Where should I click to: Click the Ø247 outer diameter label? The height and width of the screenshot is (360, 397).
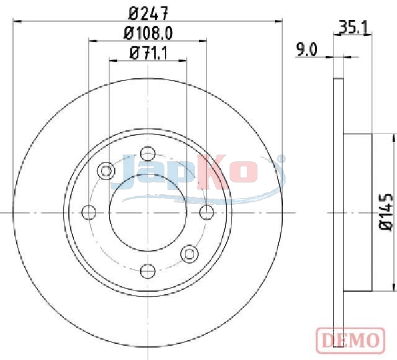[148, 14]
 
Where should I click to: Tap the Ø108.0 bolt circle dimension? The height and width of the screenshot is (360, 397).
[148, 33]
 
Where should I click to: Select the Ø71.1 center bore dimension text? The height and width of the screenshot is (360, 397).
[148, 53]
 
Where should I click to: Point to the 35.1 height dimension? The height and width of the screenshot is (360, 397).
[354, 27]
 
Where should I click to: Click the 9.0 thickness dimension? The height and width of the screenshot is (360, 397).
[306, 50]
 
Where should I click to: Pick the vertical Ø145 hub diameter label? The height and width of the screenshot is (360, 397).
[386, 212]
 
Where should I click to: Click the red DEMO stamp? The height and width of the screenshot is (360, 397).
[350, 340]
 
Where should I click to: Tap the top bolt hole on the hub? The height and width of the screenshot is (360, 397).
[148, 153]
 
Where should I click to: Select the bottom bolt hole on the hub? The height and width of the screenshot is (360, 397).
[148, 271]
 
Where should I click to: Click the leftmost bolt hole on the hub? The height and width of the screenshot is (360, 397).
[89, 212]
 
